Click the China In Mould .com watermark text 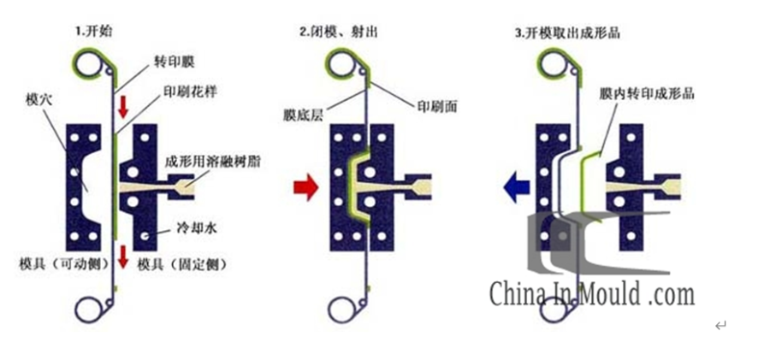click(591, 295)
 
